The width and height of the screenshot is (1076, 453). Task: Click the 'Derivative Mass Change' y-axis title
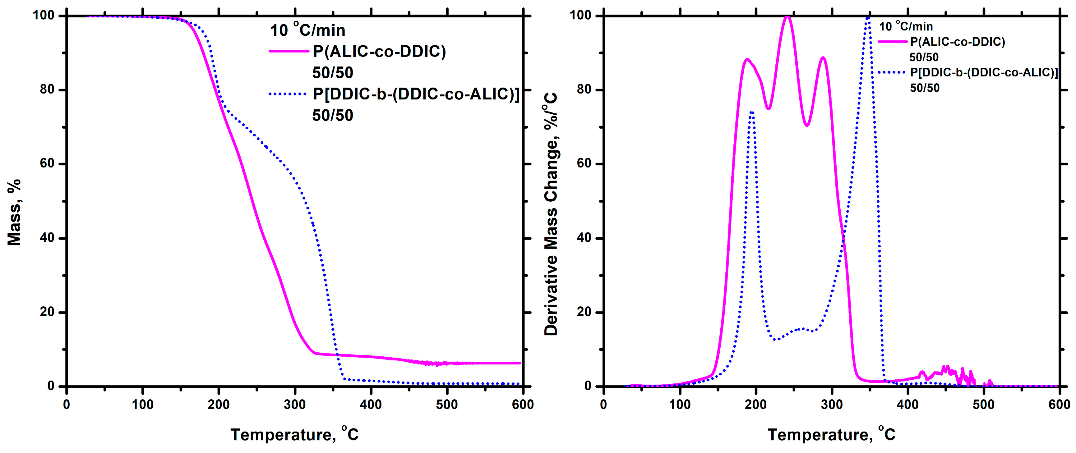551,214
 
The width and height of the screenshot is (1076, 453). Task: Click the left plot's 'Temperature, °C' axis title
294,435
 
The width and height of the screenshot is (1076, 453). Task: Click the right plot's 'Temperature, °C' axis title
831,435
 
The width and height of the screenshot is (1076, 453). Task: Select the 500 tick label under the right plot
984,405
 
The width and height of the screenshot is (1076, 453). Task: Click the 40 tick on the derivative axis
584,238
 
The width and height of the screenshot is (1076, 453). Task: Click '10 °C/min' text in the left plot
307,30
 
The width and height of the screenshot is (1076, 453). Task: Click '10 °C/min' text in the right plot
906,27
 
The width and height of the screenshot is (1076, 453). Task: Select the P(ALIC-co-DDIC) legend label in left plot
379,51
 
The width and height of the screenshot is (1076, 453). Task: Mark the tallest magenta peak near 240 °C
787,17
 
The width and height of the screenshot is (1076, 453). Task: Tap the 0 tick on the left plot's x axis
67,405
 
